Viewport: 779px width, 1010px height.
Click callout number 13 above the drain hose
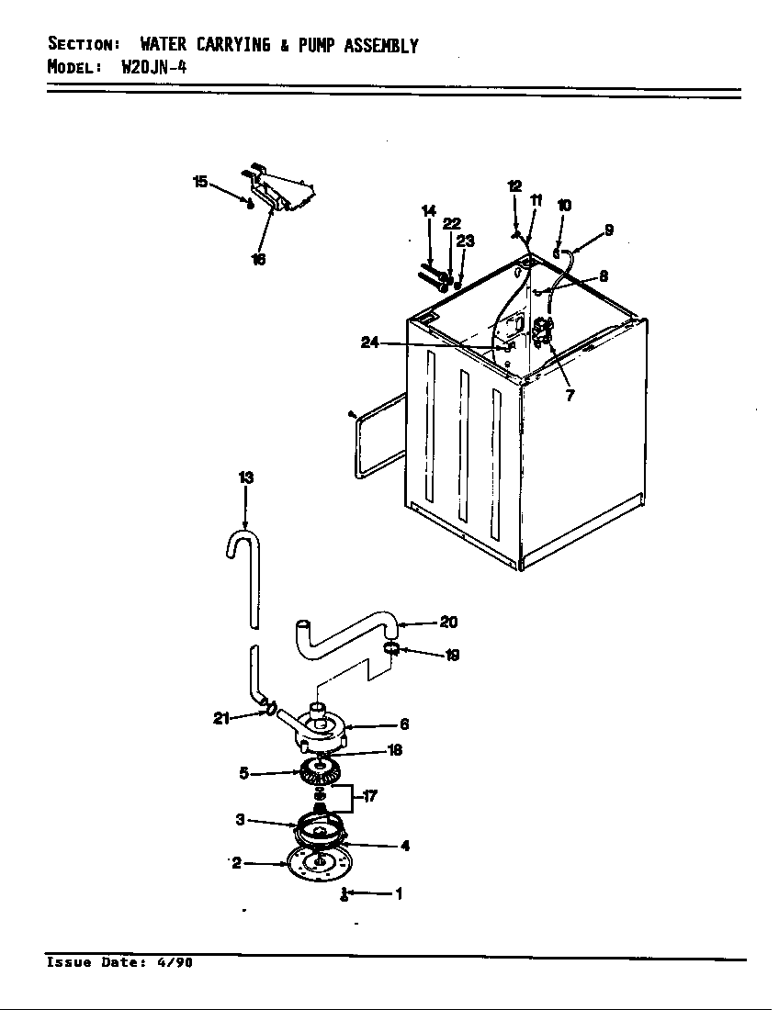pyautogui.click(x=245, y=477)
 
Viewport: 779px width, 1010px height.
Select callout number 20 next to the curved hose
pyautogui.click(x=448, y=623)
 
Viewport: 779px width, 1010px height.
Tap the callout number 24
pyautogui.click(x=369, y=343)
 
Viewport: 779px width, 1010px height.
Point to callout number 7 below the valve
pyautogui.click(x=570, y=397)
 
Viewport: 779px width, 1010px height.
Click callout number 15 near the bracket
pyautogui.click(x=200, y=181)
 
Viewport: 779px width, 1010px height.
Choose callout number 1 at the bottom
pyautogui.click(x=398, y=893)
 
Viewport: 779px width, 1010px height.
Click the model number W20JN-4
pyautogui.click(x=154, y=66)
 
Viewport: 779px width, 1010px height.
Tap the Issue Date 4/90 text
pyautogui.click(x=119, y=962)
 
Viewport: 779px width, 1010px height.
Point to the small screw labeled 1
pyautogui.click(x=344, y=894)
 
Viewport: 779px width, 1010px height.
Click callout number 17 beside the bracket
pyautogui.click(x=370, y=796)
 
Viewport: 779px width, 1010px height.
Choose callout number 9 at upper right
pyautogui.click(x=609, y=230)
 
